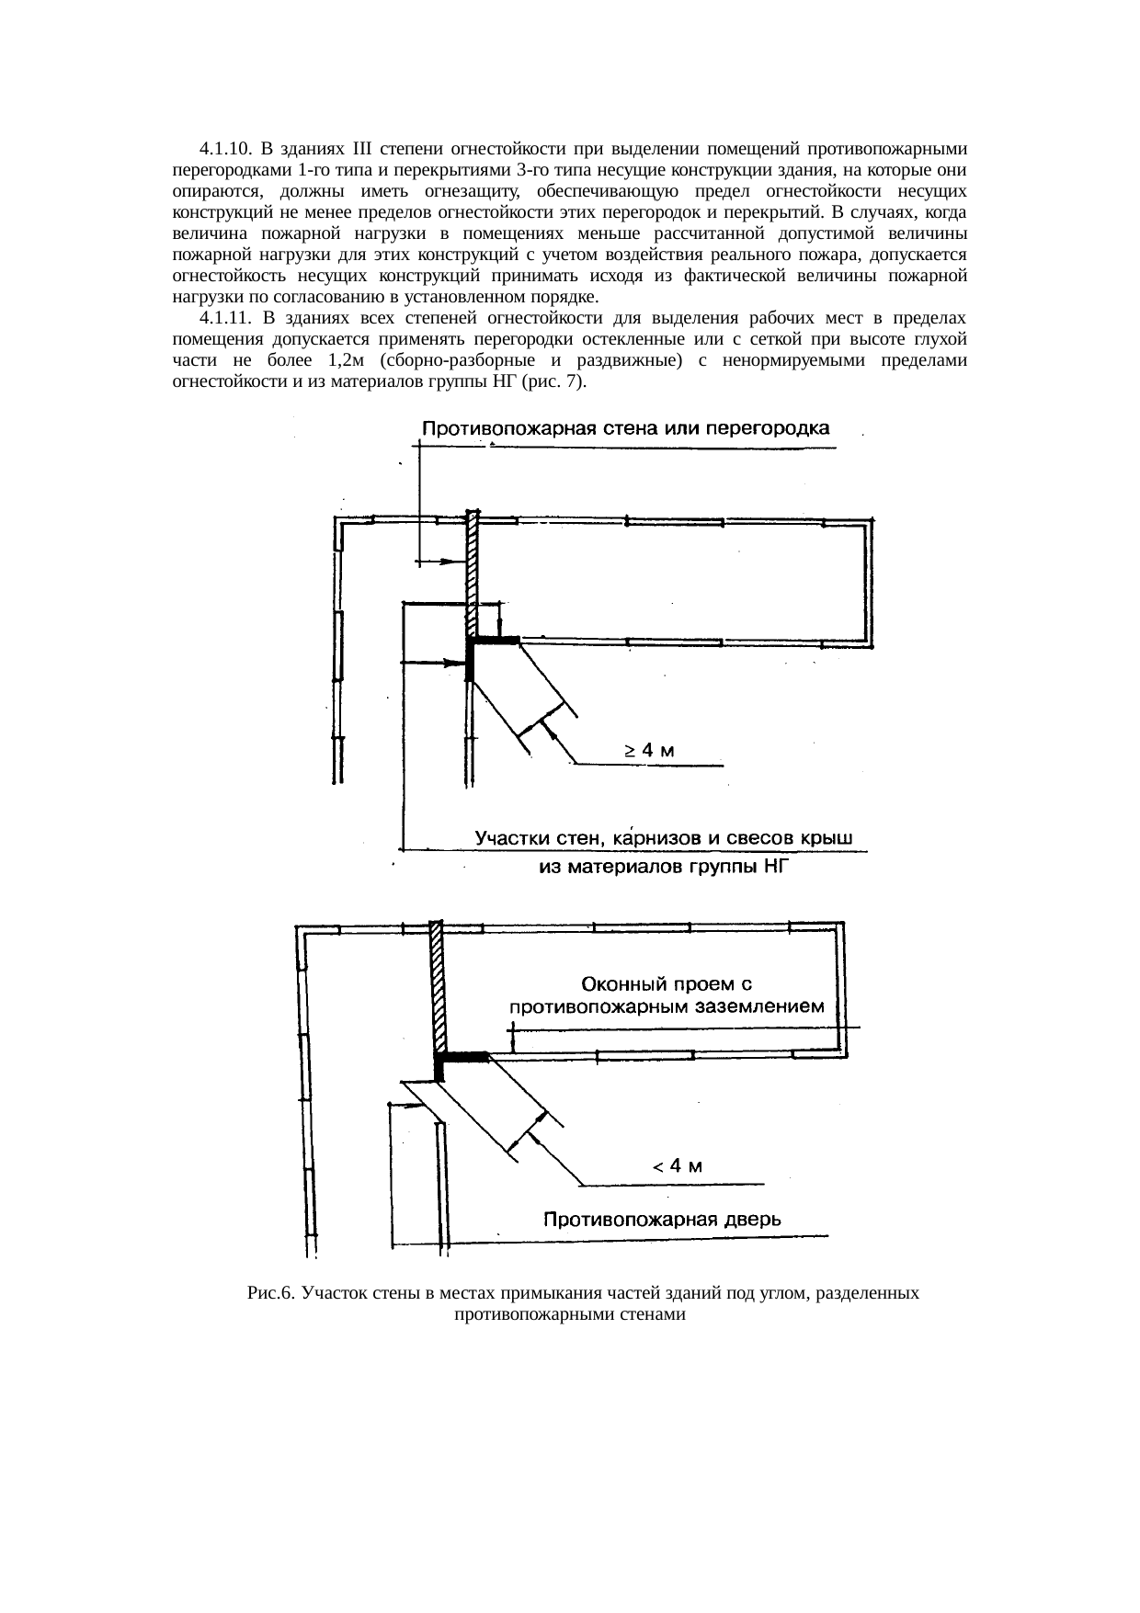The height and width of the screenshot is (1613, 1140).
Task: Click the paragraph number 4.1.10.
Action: click(x=223, y=149)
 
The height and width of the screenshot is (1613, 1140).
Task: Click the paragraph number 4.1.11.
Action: click(x=223, y=319)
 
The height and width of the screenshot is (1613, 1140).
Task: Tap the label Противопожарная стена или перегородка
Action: click(x=625, y=428)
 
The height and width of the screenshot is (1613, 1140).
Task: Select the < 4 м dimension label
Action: click(x=678, y=1167)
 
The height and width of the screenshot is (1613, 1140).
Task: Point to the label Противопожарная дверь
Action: click(x=662, y=1221)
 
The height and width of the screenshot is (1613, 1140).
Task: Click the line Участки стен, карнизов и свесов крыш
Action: click(x=664, y=838)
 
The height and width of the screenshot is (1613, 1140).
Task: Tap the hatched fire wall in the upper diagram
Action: click(x=472, y=570)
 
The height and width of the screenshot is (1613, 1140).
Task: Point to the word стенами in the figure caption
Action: click(x=656, y=1315)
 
